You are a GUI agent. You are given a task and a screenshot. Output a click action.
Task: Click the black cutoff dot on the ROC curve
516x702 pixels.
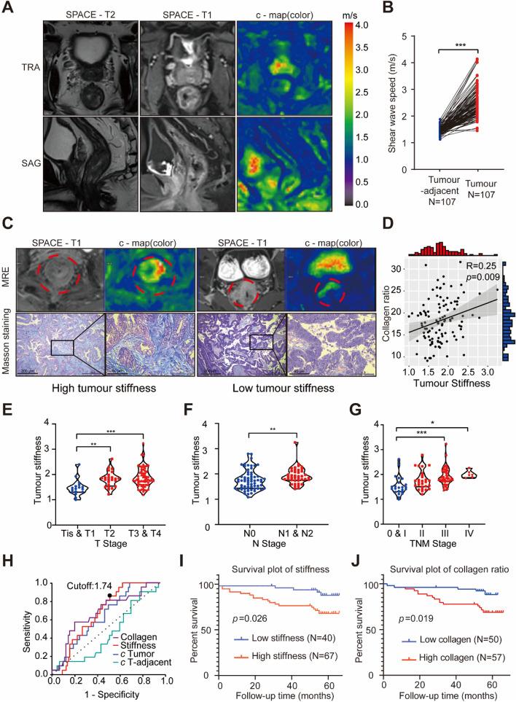[x=110, y=596]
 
